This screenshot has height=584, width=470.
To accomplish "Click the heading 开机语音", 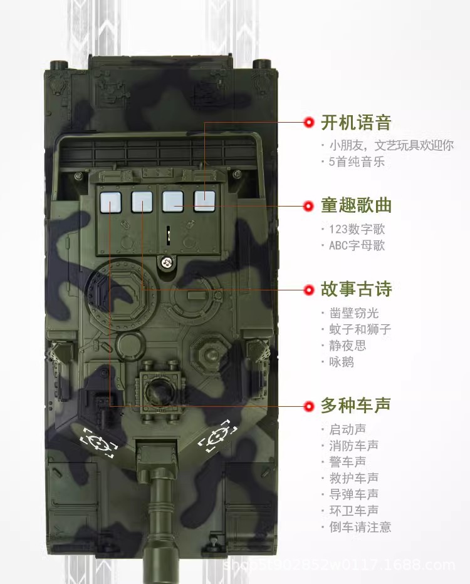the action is pos(356,123).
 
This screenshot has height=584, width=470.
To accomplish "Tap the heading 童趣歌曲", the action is pos(356,205).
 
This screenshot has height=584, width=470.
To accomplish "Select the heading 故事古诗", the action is pos(356,289).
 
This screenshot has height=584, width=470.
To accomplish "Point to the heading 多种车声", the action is pos(356,405).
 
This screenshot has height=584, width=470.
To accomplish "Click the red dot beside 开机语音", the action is pos(309,122).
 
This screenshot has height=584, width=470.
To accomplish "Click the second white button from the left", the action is pos(142,202).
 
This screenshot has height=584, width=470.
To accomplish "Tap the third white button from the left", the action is pos(173,202).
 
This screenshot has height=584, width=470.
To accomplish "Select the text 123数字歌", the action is pos(357,229).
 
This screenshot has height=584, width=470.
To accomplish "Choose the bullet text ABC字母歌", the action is pos(357,245).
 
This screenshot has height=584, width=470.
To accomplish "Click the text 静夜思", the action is pos(347,346).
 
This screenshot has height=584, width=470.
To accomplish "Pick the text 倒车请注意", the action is pos(360,526).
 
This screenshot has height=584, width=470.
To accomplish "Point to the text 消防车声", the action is pos(353,445).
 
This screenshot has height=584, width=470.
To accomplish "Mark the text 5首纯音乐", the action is pos(357,161).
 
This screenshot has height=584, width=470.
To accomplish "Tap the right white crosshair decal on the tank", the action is pos(217,436).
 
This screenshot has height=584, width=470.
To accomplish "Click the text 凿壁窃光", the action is pos(353,313).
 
